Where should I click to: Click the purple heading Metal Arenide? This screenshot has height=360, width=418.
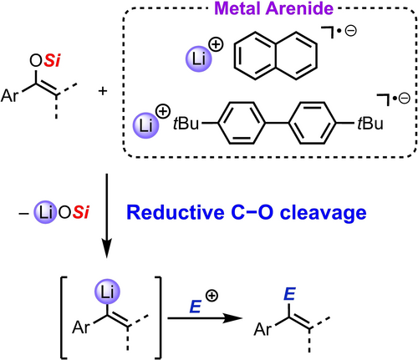(274, 8)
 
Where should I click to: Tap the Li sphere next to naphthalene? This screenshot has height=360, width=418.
(199, 59)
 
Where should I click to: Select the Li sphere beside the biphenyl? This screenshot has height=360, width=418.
(145, 125)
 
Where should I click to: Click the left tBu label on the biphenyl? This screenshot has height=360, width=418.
(186, 124)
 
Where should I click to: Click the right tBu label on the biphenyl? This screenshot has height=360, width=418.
(370, 124)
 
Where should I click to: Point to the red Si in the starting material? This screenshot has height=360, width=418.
(52, 60)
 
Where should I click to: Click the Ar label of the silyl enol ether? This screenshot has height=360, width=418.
(10, 95)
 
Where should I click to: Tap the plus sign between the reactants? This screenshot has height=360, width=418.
(103, 91)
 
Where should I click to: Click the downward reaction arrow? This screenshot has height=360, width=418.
(106, 215)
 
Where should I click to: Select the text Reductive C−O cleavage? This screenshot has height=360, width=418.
(247, 212)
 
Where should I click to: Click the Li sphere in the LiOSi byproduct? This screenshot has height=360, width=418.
(45, 212)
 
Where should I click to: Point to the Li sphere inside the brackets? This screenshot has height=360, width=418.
(107, 292)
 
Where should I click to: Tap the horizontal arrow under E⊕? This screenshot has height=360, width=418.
(205, 318)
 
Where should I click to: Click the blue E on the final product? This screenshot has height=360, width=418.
(289, 294)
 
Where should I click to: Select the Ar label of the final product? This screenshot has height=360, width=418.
(263, 329)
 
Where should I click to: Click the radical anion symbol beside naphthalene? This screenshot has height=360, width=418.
(339, 32)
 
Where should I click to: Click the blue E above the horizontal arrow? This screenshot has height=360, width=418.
(196, 307)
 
